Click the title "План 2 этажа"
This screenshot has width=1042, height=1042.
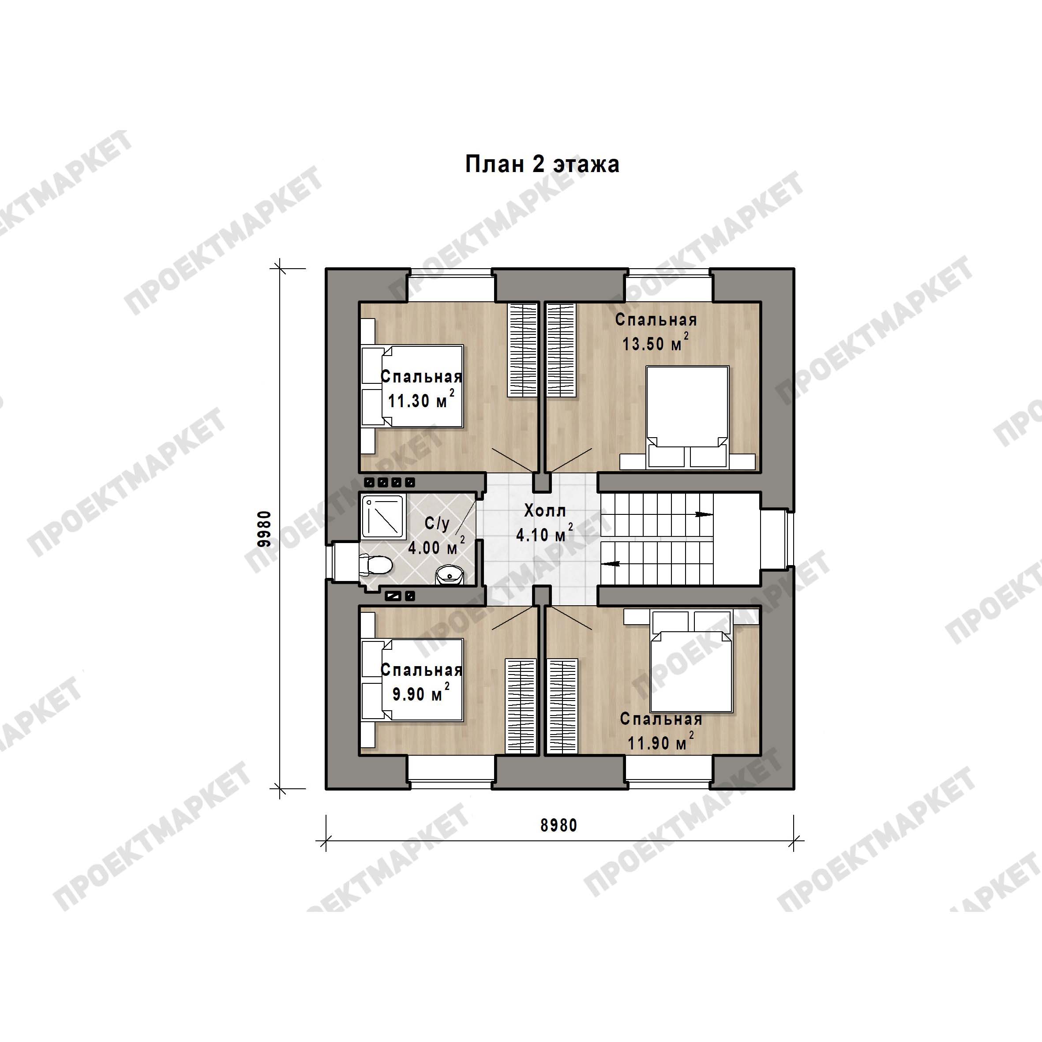(x=542, y=165)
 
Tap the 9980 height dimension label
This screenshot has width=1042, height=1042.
(x=264, y=529)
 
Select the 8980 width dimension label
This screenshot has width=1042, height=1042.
(x=559, y=825)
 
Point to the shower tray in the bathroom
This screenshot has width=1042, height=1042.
(x=383, y=517)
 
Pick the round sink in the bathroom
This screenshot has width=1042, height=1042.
(x=449, y=575)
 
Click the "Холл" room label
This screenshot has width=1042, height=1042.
(x=545, y=510)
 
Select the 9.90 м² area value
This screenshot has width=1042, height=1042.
(x=421, y=693)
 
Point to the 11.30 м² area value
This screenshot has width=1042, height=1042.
(x=421, y=399)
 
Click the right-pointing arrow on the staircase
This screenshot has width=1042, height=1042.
(x=704, y=514)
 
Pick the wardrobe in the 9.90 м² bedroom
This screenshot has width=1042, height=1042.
(x=521, y=706)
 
